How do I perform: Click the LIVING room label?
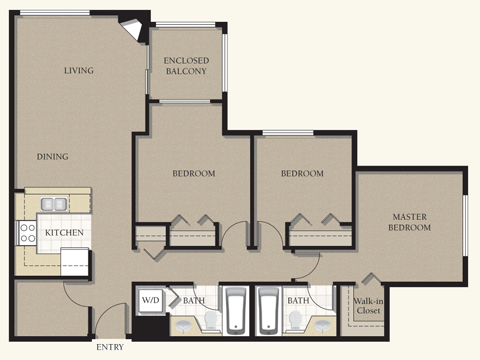pos(79,70)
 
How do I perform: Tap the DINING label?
pos(53,156)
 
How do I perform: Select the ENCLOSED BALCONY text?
pos(186,66)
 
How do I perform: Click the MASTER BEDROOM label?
pos(409,222)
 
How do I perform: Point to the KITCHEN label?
pos(64,232)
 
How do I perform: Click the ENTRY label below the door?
pos(110,347)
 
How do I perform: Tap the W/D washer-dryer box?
pos(151,300)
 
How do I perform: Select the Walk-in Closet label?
pos(368,306)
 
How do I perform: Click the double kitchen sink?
pos(54,204)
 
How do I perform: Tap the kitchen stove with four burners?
pos(27,233)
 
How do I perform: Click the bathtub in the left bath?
pos(235,310)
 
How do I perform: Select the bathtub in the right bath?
pos(268,310)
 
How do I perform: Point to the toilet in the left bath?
pos(211,320)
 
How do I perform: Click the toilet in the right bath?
pos(295,320)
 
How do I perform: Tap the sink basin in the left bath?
pos(183,325)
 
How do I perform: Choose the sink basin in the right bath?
pos(322,325)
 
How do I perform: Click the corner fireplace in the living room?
pos(133,28)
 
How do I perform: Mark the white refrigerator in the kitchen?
pos(74,262)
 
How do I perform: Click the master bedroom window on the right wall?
pos(465,226)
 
